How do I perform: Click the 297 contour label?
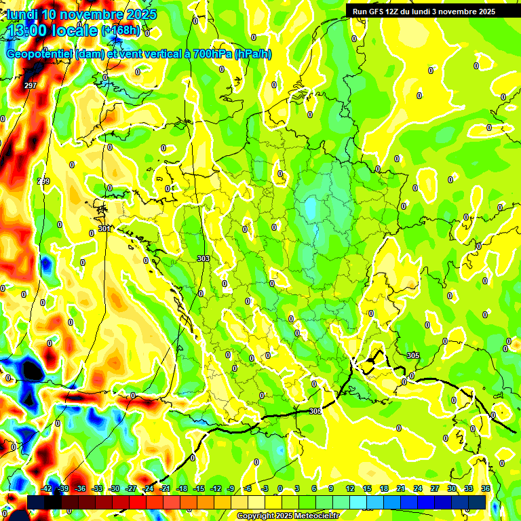[30, 85]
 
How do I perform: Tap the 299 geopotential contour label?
[43, 181]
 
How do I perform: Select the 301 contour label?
[104, 229]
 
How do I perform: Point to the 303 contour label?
[203, 258]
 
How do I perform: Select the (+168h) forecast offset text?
[121, 31]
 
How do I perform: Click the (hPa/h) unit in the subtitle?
[252, 54]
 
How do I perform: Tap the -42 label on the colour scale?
[46, 488]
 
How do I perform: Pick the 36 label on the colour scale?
[485, 488]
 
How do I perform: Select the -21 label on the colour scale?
[165, 488]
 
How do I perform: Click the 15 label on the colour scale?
[366, 488]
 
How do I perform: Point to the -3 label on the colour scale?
[265, 488]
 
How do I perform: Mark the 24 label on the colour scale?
[417, 488]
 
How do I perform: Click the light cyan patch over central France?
[311, 208]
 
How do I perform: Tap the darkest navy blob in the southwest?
[31, 370]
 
